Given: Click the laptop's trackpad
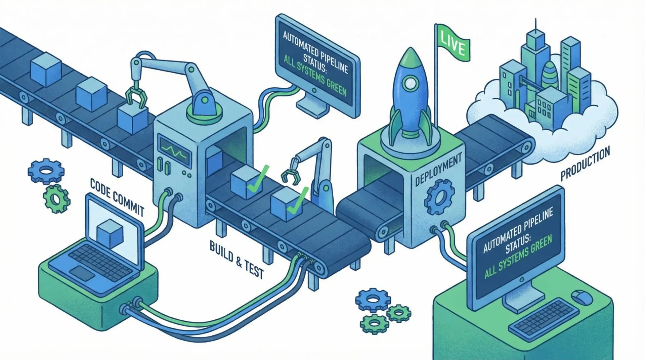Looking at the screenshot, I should (83, 273).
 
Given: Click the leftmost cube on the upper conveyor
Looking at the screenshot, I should (46, 68).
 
